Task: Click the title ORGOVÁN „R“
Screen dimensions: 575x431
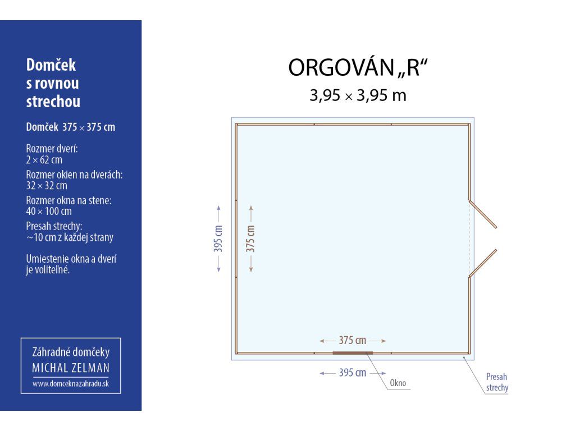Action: pyautogui.click(x=358, y=67)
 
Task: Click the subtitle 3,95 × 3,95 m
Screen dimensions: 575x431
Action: pyautogui.click(x=358, y=95)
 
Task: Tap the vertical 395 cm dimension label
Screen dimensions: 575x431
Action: pyautogui.click(x=218, y=239)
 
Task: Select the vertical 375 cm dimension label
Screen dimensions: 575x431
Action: pyautogui.click(x=250, y=239)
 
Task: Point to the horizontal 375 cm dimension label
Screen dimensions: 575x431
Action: pyautogui.click(x=353, y=341)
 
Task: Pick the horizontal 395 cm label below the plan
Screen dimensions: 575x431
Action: pyautogui.click(x=353, y=373)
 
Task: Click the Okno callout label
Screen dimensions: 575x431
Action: pyautogui.click(x=398, y=383)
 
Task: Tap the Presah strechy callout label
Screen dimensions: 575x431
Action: pyautogui.click(x=497, y=382)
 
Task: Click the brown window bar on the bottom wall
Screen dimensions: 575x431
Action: pyautogui.click(x=353, y=353)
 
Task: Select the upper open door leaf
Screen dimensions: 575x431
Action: pyautogui.click(x=482, y=214)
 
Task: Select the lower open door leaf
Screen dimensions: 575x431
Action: pyautogui.click(x=482, y=263)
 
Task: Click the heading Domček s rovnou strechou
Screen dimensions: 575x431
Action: pyautogui.click(x=53, y=83)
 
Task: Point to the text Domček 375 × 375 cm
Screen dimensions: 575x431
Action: pyautogui.click(x=71, y=127)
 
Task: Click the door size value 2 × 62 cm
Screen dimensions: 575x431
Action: pyautogui.click(x=44, y=160)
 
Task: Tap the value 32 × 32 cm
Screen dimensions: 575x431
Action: pyautogui.click(x=47, y=186)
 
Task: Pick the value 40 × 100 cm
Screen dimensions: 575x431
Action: pyautogui.click(x=49, y=212)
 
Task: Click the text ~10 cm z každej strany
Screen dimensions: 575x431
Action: pyautogui.click(x=70, y=237)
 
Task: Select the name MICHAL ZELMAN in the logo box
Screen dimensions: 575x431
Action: pyautogui.click(x=71, y=368)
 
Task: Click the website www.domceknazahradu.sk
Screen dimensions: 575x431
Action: pyautogui.click(x=71, y=384)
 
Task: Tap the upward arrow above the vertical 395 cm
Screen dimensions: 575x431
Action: pyautogui.click(x=218, y=214)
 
